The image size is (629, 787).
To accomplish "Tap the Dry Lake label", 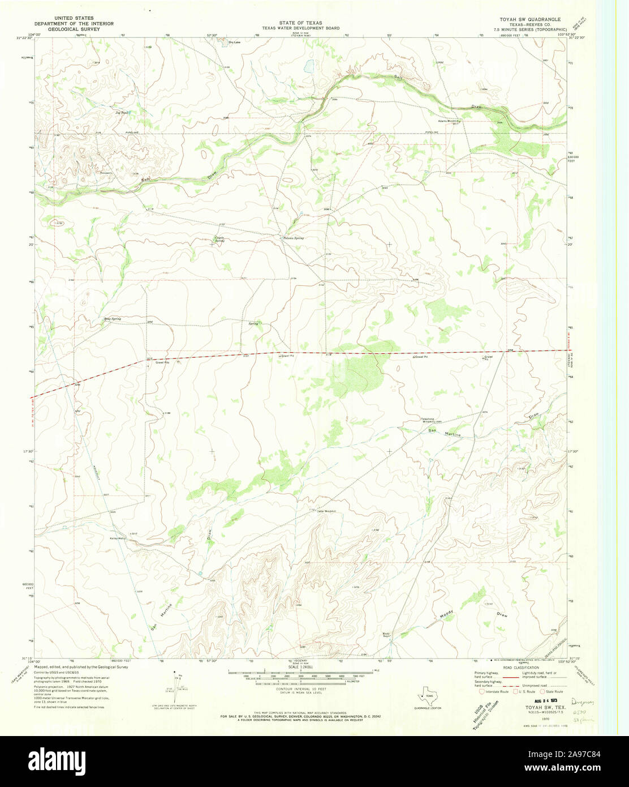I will pos(234,42).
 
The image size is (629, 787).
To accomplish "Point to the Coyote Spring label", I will pos(219,239).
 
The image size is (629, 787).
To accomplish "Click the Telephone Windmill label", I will pos(430,420).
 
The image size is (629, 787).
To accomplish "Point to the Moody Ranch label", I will pos(386,635).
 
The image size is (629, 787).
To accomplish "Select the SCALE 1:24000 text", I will pos(299,667).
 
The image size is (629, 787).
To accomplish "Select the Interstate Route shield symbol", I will pos(481,691).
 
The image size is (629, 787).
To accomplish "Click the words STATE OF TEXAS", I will pos(300,23).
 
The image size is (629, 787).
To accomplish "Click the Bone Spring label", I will pos(112,319).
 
